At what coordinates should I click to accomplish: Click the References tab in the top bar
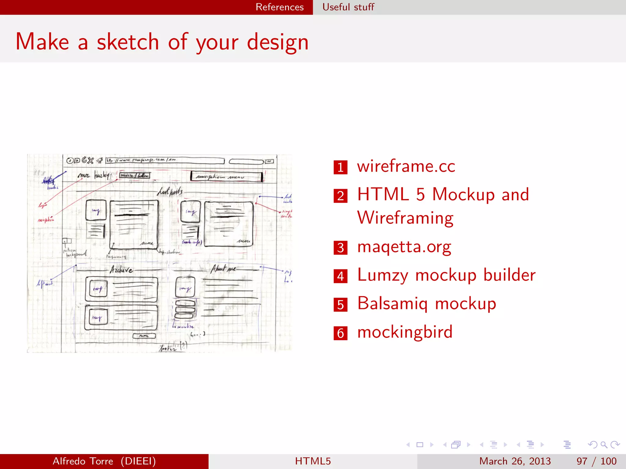click(x=279, y=7)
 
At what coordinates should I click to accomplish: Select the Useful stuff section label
click(x=348, y=7)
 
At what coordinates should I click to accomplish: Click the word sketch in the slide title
click(x=128, y=42)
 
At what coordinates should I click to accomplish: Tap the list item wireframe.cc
click(x=406, y=166)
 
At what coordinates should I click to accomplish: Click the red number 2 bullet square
click(x=341, y=196)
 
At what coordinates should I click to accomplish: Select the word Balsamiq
click(x=392, y=304)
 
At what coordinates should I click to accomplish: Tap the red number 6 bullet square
click(x=341, y=333)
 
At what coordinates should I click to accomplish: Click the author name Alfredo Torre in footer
click(x=83, y=461)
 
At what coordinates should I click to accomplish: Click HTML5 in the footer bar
click(x=313, y=461)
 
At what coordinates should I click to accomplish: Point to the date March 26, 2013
click(x=515, y=461)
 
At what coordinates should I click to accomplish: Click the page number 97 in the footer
click(x=582, y=461)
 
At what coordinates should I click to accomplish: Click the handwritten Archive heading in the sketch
click(x=121, y=270)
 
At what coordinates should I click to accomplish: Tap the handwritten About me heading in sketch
click(x=223, y=269)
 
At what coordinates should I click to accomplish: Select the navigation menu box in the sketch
click(x=226, y=176)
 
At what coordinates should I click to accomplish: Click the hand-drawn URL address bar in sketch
click(x=165, y=160)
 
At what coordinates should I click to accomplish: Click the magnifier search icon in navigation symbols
click(x=604, y=445)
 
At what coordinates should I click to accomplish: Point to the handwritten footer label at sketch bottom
click(x=168, y=348)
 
